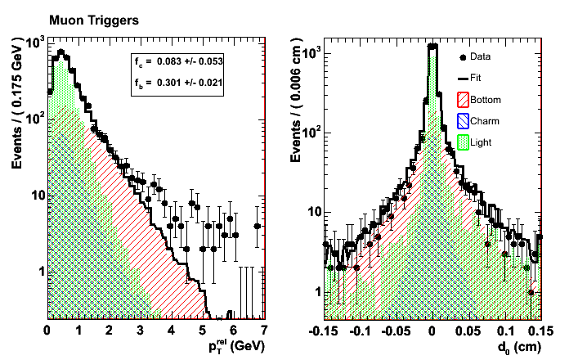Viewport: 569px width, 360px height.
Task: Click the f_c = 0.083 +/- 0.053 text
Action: pyautogui.click(x=178, y=61)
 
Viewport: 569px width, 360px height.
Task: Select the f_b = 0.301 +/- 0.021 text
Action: pyautogui.click(x=178, y=82)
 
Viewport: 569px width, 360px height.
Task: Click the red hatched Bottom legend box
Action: pyautogui.click(x=464, y=100)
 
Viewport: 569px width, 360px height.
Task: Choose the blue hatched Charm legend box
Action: pyautogui.click(x=464, y=121)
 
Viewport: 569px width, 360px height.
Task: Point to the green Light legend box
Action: pyautogui.click(x=464, y=142)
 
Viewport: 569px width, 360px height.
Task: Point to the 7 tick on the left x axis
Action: pyautogui.click(x=264, y=330)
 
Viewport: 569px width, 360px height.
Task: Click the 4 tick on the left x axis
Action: pyautogui.click(x=171, y=330)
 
